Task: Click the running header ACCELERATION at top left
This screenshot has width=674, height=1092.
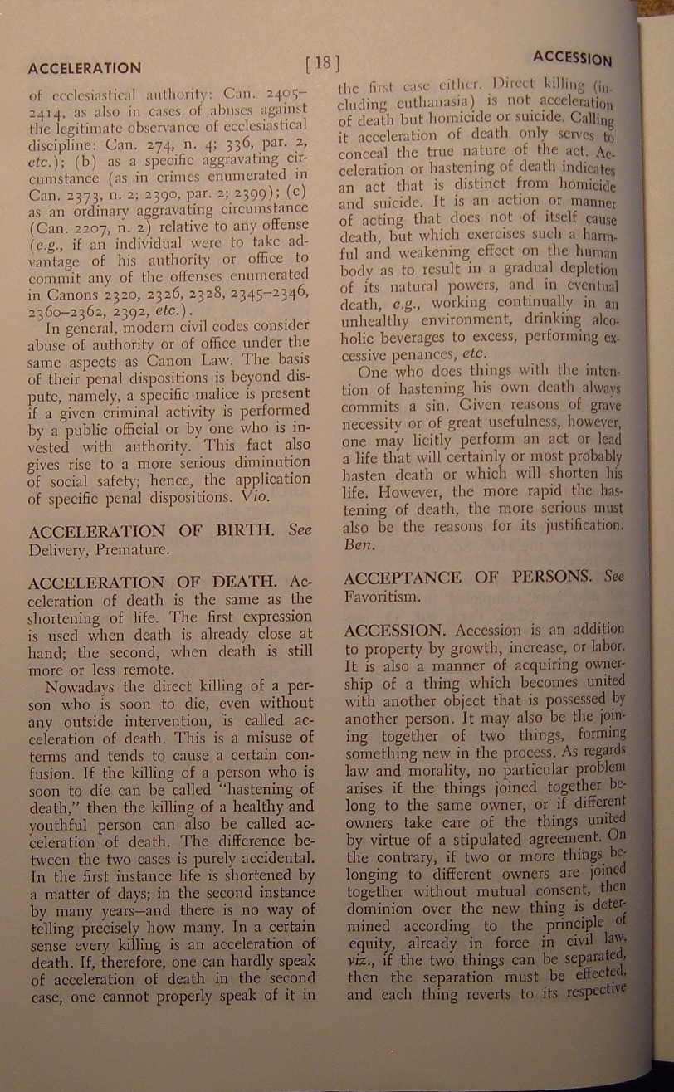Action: pos(84,68)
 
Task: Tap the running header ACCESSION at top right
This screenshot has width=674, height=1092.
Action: pos(572,58)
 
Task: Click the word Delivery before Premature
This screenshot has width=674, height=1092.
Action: pos(55,549)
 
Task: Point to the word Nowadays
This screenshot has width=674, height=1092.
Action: pos(81,688)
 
